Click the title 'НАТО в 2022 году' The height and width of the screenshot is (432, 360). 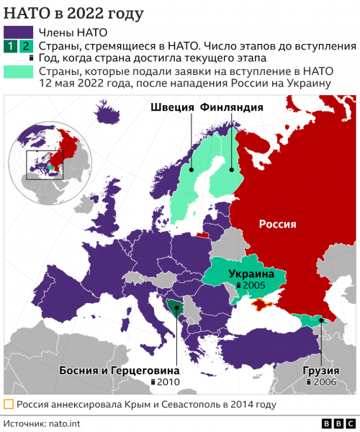(64, 14)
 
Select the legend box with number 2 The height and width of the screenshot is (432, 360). (26, 47)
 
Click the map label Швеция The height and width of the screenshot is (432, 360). (173, 107)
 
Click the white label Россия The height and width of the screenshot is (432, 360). (277, 224)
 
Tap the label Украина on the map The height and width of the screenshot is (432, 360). (251, 274)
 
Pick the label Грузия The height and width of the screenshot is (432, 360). (320, 371)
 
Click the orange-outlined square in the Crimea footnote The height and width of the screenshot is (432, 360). (9, 404)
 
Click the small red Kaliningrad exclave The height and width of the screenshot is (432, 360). (204, 233)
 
